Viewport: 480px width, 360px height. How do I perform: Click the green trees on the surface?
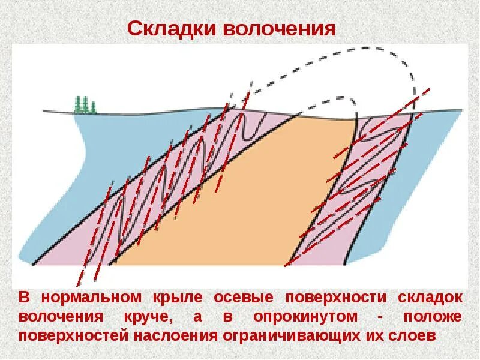coord(85,104)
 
